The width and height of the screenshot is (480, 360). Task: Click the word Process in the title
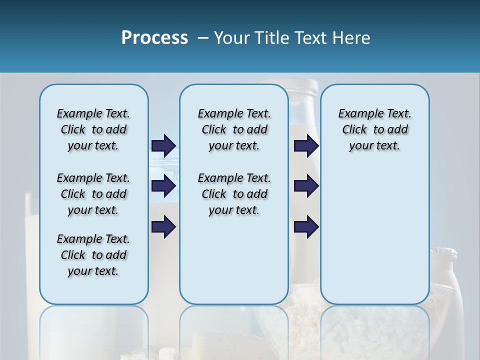(x=154, y=38)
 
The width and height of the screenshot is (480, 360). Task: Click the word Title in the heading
(x=272, y=38)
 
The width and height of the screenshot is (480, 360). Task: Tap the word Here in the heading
(x=352, y=38)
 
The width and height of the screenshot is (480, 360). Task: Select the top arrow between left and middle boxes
(x=163, y=145)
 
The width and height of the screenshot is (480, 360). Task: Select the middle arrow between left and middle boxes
(x=163, y=186)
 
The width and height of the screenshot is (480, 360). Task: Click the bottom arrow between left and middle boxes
(x=163, y=226)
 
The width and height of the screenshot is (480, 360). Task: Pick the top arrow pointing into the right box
(x=306, y=145)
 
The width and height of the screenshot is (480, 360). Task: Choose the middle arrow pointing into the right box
(x=306, y=186)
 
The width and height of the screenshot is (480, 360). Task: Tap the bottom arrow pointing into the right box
(x=306, y=226)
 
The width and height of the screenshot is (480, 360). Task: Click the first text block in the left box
(x=93, y=129)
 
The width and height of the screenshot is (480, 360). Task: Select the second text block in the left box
(x=93, y=194)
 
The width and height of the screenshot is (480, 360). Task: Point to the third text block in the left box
(x=93, y=255)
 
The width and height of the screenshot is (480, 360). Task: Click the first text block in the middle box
(x=234, y=129)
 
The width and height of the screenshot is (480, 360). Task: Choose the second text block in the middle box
(x=234, y=194)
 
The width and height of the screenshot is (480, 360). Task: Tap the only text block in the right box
(x=374, y=129)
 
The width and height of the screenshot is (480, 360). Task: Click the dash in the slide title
(x=203, y=38)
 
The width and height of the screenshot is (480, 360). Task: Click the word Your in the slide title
(x=232, y=38)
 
